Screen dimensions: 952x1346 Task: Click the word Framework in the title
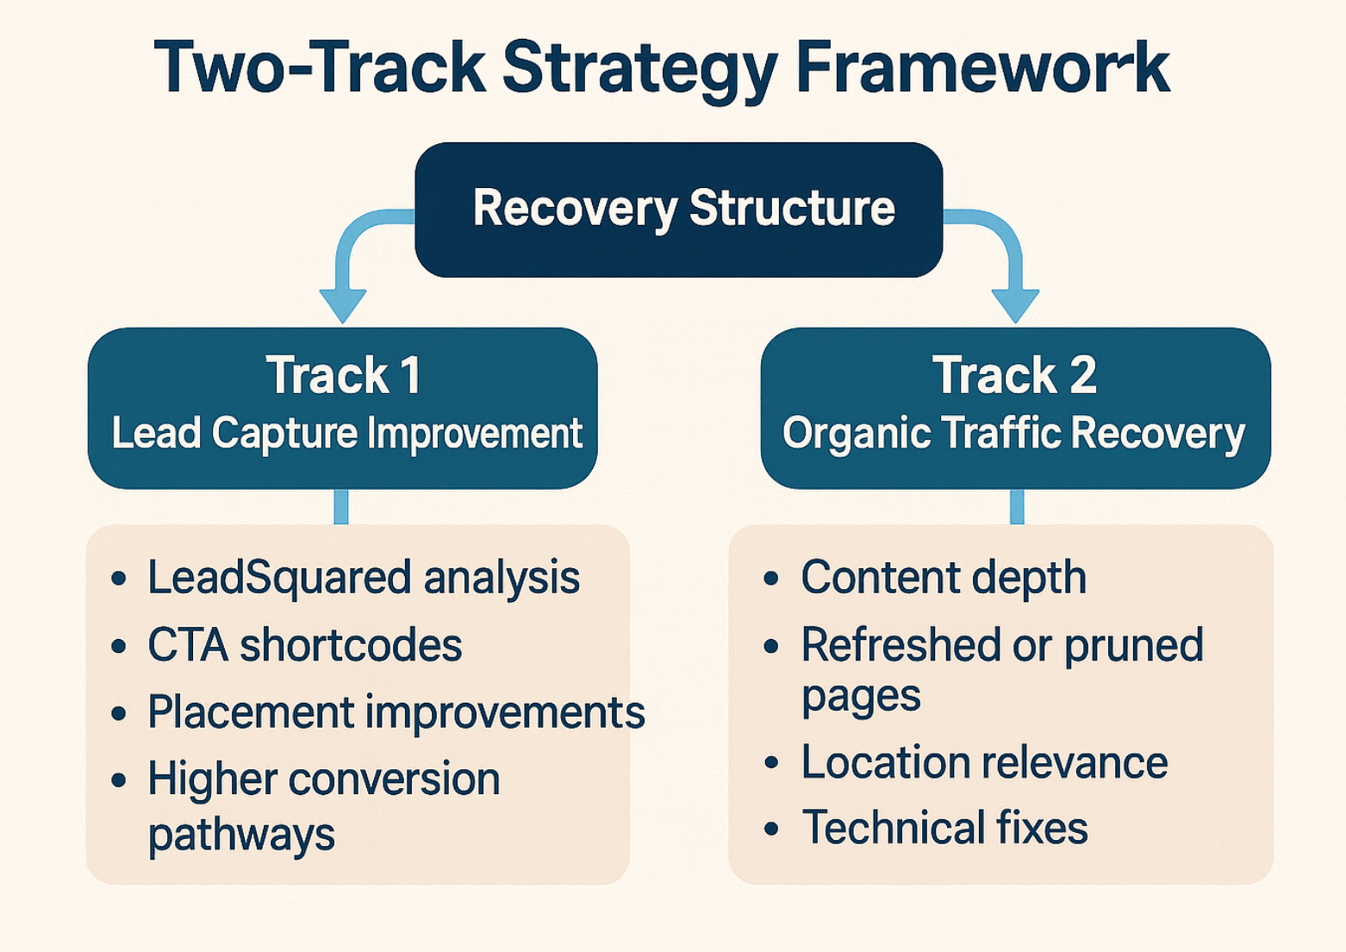[x=981, y=68]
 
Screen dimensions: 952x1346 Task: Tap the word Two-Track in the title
[x=319, y=68]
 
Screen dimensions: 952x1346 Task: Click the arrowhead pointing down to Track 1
[x=343, y=304]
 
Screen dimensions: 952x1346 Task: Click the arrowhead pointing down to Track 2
[x=1015, y=304]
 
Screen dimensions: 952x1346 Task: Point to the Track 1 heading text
[x=343, y=375]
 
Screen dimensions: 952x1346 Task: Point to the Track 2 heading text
[x=1014, y=375]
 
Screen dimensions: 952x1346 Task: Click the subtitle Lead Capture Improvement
[x=346, y=433]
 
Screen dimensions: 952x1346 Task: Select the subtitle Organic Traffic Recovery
[x=1013, y=433]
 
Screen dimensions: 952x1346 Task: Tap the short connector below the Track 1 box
[x=341, y=507]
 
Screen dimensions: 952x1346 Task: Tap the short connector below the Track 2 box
[x=1017, y=507]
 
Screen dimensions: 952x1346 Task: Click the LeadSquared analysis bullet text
[x=363, y=577]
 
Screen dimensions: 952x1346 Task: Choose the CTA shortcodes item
[x=304, y=645]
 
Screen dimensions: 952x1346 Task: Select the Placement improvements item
[x=396, y=712]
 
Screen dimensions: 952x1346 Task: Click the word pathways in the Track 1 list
[x=241, y=835]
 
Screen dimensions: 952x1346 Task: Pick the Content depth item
[x=943, y=577]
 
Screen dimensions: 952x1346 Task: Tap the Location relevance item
[x=984, y=762]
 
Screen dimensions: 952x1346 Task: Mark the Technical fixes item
[x=944, y=828]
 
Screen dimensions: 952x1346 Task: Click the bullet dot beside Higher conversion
[x=119, y=780]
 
